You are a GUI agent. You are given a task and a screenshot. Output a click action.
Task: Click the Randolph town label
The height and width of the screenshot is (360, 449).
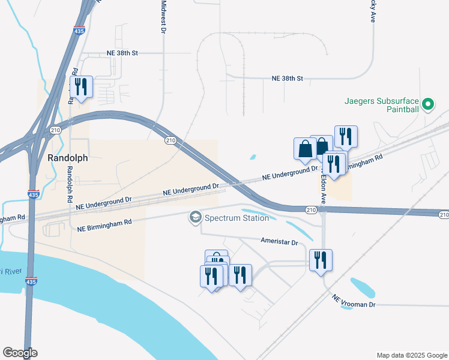68,158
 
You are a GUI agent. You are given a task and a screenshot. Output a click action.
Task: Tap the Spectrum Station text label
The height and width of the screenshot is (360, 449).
237,218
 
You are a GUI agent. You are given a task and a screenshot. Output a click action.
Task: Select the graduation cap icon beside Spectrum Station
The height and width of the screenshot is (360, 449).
195,217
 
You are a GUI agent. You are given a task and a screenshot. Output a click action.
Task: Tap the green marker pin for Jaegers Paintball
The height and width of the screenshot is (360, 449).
428,106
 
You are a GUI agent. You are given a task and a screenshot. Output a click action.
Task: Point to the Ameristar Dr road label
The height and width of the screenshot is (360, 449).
279,242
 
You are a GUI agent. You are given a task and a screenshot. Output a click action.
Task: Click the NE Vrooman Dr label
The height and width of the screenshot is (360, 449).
354,302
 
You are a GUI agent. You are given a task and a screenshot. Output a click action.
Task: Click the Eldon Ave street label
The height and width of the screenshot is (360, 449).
322,188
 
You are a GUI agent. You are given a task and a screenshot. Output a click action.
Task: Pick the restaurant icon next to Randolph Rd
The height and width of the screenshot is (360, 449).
81,87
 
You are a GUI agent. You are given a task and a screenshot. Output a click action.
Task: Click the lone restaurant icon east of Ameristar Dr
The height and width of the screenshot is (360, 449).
321,260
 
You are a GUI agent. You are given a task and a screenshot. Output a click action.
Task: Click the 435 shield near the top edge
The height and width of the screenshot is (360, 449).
79,30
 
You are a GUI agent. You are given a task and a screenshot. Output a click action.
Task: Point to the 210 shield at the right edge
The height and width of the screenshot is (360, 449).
443,214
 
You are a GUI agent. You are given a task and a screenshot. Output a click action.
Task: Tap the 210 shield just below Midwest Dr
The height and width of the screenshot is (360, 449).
170,140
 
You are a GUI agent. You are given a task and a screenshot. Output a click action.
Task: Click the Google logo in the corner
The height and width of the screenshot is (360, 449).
20,353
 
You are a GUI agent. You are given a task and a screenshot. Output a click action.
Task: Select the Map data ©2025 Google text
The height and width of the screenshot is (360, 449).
411,355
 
